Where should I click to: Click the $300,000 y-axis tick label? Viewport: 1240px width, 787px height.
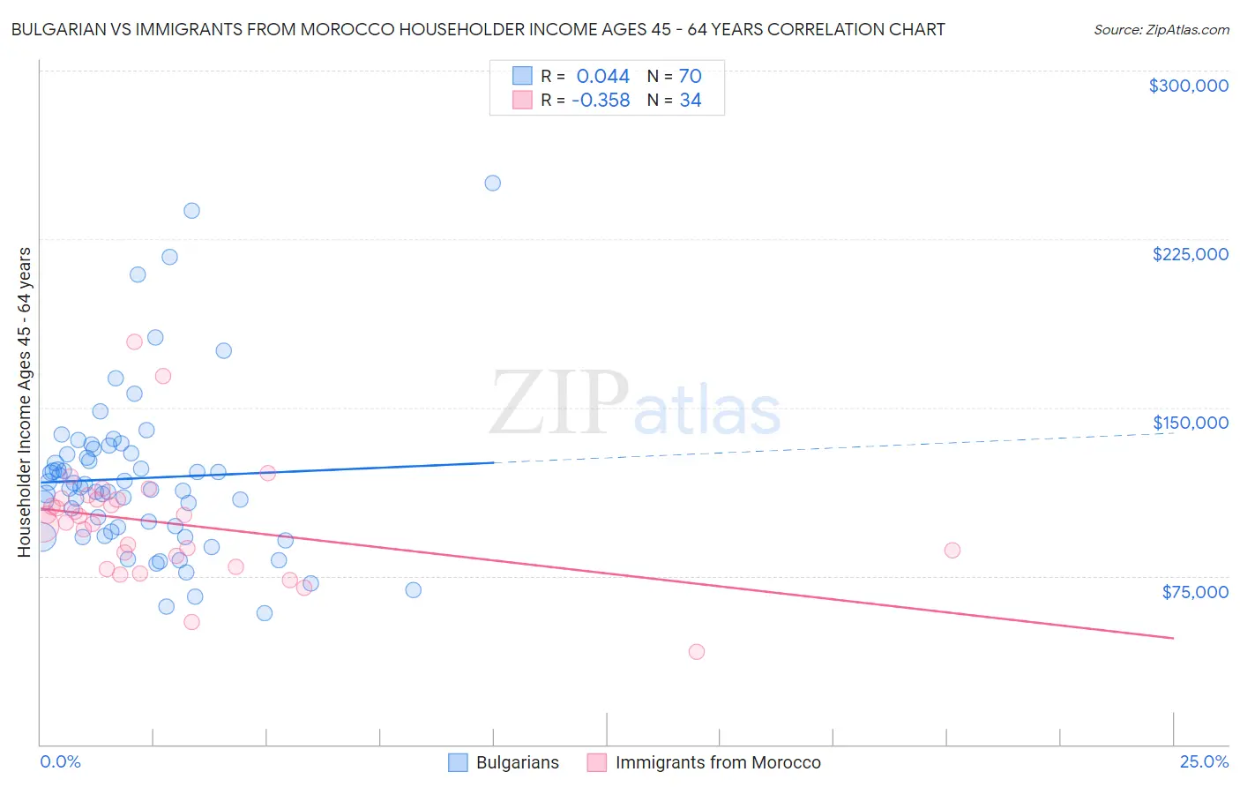pyautogui.click(x=1188, y=86)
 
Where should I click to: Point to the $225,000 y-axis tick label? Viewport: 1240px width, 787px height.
pyautogui.click(x=1190, y=254)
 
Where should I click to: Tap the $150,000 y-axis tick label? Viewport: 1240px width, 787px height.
pyautogui.click(x=1190, y=423)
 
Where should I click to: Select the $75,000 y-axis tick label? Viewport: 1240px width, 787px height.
pyautogui.click(x=1194, y=592)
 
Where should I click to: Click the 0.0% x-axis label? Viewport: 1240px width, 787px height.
pyautogui.click(x=60, y=761)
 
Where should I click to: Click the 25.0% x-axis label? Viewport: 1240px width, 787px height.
pyautogui.click(x=1204, y=761)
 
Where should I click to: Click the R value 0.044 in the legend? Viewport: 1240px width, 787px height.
pyautogui.click(x=602, y=77)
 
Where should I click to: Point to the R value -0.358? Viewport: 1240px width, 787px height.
pyautogui.click(x=600, y=101)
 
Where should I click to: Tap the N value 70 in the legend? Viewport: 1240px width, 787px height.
pyautogui.click(x=690, y=77)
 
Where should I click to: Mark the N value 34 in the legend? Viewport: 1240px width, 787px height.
pyautogui.click(x=690, y=101)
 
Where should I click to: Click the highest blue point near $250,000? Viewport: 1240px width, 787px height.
pyautogui.click(x=493, y=184)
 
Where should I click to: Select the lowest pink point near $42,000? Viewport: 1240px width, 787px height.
pyautogui.click(x=697, y=652)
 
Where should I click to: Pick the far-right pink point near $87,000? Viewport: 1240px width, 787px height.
pyautogui.click(x=952, y=551)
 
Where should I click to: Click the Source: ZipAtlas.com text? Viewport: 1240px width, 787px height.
pyautogui.click(x=1161, y=29)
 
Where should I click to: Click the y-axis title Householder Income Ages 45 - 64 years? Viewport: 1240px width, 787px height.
pyautogui.click(x=24, y=402)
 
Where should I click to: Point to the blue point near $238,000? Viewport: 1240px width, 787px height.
pyautogui.click(x=191, y=211)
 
